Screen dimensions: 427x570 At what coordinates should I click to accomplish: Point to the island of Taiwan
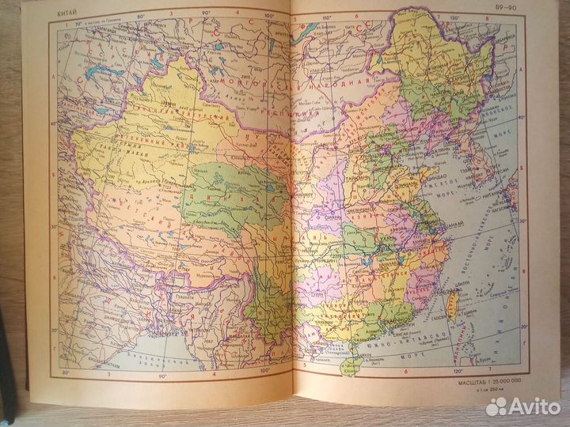click(454, 304)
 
